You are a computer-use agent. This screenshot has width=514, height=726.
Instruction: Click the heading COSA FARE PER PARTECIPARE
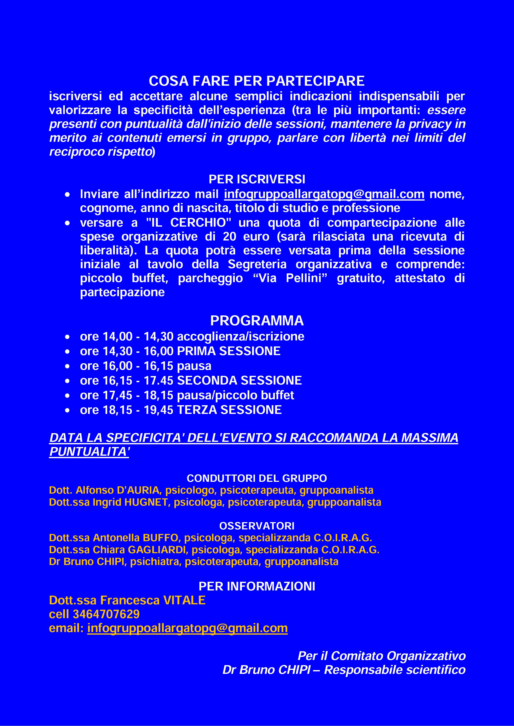(257, 81)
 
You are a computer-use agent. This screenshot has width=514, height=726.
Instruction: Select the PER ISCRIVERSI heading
(257, 180)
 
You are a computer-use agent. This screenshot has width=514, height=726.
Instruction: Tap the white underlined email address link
(324, 194)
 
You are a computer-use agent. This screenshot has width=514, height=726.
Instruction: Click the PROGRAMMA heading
(257, 321)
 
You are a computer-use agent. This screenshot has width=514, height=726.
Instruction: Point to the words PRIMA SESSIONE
(229, 351)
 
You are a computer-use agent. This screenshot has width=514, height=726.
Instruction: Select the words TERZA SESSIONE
(229, 410)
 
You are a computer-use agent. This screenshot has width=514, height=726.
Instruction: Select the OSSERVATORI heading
(257, 526)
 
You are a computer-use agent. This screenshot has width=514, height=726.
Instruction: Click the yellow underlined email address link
(187, 628)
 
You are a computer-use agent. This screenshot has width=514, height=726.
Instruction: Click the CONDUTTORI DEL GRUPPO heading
(257, 478)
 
